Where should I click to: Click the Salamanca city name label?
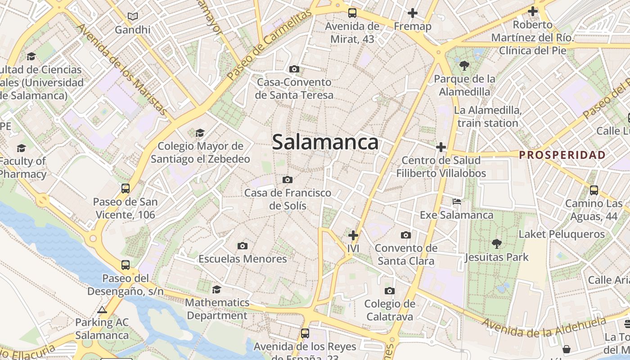325,142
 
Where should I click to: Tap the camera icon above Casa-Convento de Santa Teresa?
294,69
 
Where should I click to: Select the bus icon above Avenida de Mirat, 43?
352,13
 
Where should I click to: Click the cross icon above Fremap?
412,13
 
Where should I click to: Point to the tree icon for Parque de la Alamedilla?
464,66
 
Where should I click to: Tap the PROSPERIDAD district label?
562,155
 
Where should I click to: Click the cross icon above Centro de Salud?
441,147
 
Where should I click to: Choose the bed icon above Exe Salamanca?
457,202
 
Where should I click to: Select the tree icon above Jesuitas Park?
497,244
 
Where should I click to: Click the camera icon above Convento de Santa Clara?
406,235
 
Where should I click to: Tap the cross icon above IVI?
353,235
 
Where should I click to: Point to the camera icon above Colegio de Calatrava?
390,291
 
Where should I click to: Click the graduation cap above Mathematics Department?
217,289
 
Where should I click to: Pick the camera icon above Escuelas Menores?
243,246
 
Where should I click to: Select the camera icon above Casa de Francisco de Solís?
288,180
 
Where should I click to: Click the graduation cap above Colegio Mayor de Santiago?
200,133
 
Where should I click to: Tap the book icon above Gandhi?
132,17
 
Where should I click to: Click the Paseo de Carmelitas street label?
269,45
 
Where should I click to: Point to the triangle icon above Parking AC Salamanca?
102,310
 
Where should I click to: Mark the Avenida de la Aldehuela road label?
544,328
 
